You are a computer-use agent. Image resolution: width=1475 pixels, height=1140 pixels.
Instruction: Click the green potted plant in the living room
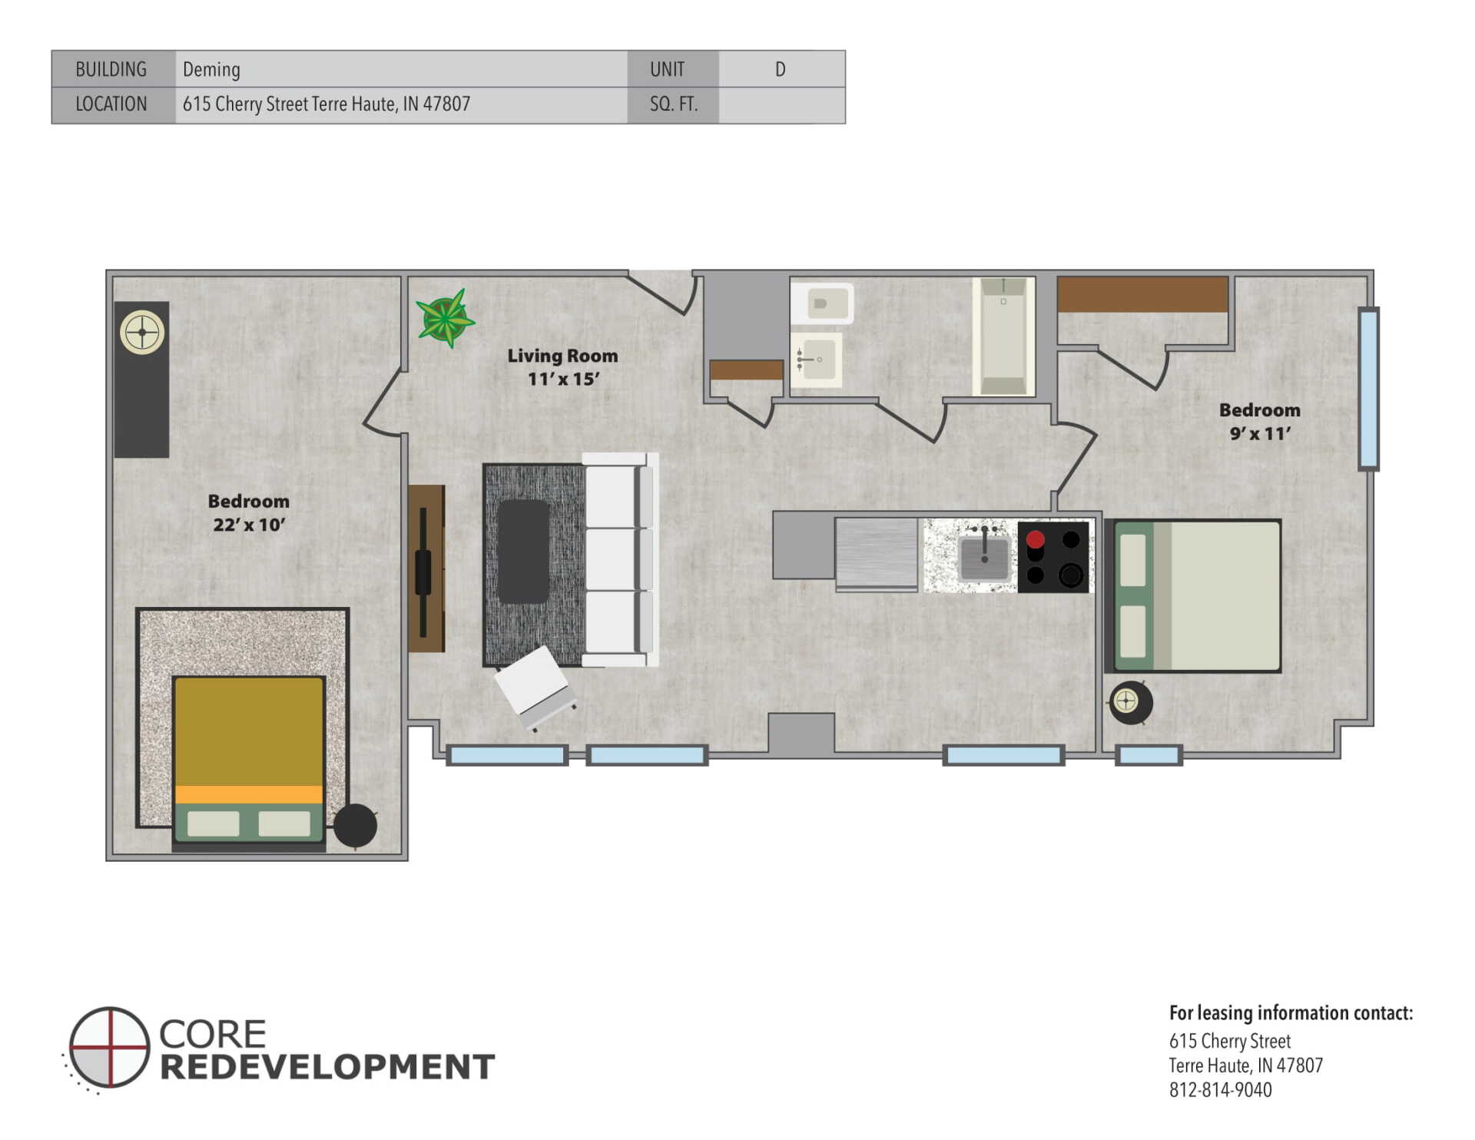coord(446,318)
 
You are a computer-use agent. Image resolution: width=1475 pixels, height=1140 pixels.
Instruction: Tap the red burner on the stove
coord(1035,539)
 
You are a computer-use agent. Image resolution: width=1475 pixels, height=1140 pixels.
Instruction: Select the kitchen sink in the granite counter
coord(984,556)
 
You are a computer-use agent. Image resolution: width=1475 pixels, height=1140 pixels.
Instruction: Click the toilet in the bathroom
coord(821,304)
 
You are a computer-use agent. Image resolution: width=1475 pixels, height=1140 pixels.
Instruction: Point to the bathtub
coord(1003,336)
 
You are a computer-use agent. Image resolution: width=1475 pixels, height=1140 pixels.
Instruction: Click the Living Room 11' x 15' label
coord(562,367)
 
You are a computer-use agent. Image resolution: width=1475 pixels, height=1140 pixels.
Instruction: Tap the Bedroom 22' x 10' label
coord(249,512)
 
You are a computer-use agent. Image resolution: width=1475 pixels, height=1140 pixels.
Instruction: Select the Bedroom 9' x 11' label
coord(1260,422)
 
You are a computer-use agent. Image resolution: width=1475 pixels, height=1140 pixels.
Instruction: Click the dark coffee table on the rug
coord(523,552)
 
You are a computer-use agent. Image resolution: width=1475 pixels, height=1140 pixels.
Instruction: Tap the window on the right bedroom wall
coord(1368,388)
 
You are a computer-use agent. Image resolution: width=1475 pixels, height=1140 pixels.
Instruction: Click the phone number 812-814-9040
coord(1220,1090)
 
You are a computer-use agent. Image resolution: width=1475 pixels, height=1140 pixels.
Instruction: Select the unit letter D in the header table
coord(780,69)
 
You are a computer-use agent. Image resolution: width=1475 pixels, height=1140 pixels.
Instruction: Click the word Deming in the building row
coord(211,70)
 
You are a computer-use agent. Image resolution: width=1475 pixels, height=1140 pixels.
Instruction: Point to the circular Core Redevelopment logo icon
coord(108,1048)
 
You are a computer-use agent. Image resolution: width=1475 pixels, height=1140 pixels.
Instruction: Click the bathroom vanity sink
coord(817,360)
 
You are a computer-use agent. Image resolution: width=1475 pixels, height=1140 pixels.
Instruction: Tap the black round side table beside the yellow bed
coord(355,826)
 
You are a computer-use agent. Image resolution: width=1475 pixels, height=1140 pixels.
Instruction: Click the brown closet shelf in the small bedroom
coord(1142,294)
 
